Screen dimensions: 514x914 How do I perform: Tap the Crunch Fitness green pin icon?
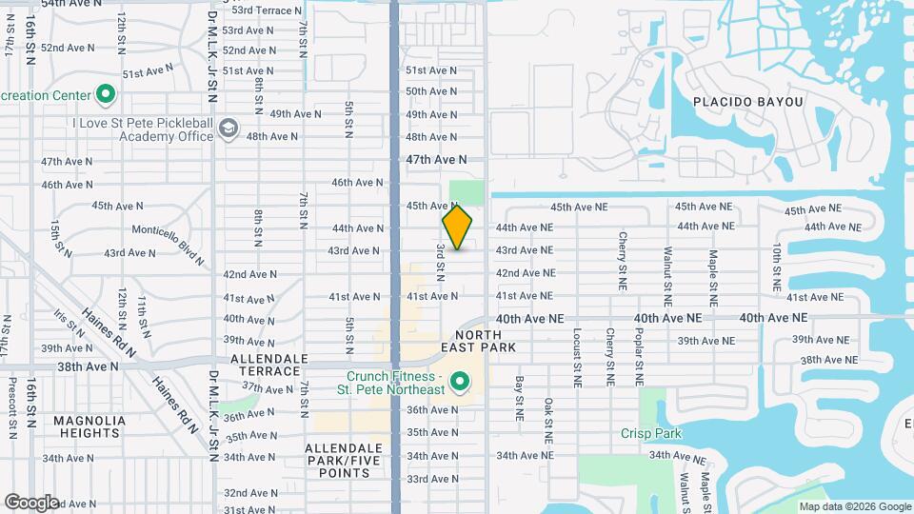(461, 383)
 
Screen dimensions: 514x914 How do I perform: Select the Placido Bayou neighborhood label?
(748, 102)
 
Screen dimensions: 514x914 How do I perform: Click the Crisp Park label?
(651, 433)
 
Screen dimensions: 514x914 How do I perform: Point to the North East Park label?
(486, 342)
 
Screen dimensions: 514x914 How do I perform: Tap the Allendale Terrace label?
(269, 364)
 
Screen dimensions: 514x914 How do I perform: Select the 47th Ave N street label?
(437, 160)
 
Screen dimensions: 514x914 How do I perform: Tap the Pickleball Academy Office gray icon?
(228, 128)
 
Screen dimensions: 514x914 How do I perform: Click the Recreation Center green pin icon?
(106, 95)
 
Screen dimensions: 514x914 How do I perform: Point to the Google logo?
(31, 502)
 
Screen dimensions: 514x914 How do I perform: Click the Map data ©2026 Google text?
(854, 506)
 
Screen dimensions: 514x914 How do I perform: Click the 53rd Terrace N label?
(268, 10)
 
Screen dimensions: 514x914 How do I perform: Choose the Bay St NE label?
(520, 399)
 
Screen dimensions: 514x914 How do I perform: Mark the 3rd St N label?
(441, 262)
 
